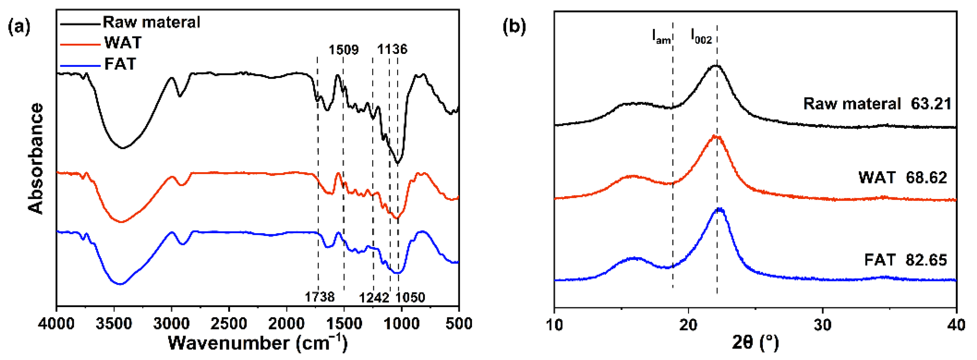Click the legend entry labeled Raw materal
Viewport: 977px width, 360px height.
coord(151,22)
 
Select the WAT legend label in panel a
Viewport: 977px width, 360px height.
coord(123,42)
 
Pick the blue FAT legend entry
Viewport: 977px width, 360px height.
coord(120,64)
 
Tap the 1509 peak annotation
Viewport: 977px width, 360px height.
coord(343,50)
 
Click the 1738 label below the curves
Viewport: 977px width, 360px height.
coord(320,297)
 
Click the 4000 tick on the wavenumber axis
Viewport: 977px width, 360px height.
coord(56,324)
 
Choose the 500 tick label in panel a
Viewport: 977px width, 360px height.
coord(459,324)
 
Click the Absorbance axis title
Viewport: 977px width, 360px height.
coord(36,159)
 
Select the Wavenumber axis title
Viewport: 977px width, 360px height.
coord(257,343)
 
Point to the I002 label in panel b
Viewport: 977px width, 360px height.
coord(701,36)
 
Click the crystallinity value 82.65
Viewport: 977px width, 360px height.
coord(926,260)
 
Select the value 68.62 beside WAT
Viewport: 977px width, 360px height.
coord(926,177)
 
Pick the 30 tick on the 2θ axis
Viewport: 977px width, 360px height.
coord(822,325)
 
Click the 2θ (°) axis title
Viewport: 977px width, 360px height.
coord(755,343)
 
